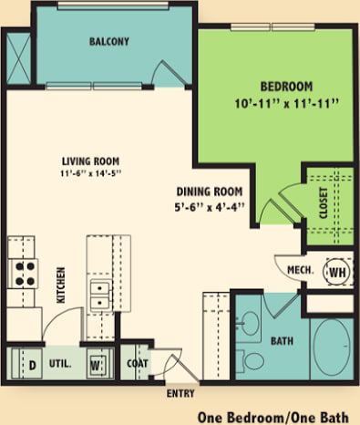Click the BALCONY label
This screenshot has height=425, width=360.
(108, 41)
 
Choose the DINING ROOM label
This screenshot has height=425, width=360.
(209, 192)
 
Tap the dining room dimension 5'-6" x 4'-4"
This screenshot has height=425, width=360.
(209, 207)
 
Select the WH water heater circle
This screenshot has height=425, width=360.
(336, 271)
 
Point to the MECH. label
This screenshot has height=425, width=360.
(300, 270)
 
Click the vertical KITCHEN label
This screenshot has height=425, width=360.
(62, 284)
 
